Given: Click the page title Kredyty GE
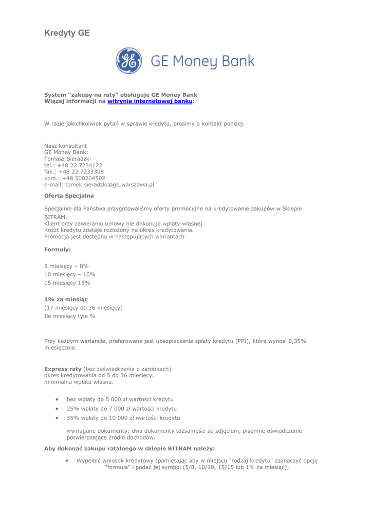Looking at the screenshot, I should (x=67, y=33).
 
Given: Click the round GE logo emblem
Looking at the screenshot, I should (x=129, y=61).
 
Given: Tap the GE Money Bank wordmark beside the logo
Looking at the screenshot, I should (x=202, y=61).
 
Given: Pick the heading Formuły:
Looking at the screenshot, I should (x=58, y=249).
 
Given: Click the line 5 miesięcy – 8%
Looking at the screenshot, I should (x=66, y=266).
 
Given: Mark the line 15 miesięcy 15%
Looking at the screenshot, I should (x=67, y=283).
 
